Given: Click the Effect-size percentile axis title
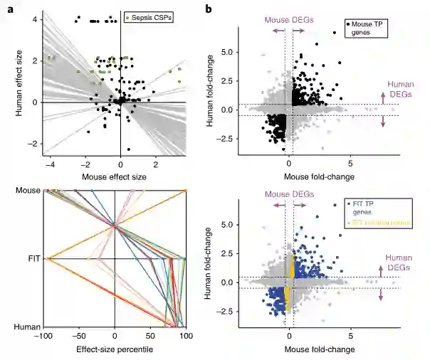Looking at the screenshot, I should (115, 351).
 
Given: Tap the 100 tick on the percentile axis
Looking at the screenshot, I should (185, 337).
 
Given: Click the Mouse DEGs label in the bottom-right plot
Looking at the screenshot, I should (288, 193).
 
